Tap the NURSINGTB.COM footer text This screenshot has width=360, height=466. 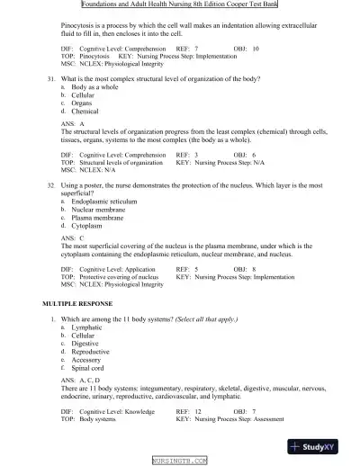tap(180, 460)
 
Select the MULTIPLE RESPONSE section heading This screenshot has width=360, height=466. tap(82, 307)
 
